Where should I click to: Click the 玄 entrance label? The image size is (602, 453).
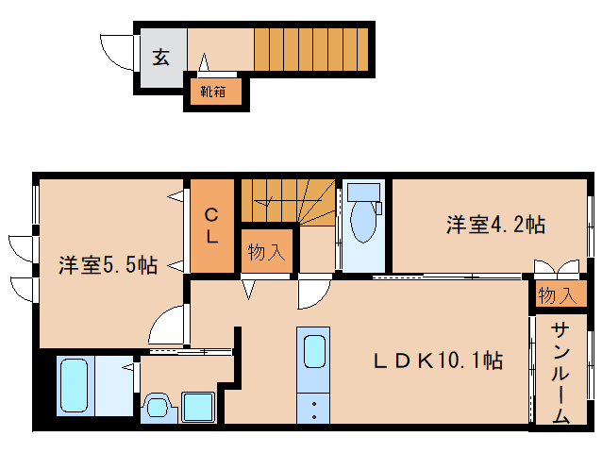(x=161, y=57)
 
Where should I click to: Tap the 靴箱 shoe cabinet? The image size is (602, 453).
(x=213, y=92)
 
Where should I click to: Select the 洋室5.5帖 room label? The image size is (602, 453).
(x=107, y=264)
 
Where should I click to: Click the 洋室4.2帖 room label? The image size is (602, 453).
(x=495, y=225)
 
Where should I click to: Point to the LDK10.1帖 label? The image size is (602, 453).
(x=435, y=360)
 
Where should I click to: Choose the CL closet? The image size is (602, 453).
(x=213, y=225)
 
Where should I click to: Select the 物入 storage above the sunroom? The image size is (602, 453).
(x=556, y=294)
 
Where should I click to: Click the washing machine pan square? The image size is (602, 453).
(x=200, y=408)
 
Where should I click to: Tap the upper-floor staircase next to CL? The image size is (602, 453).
(x=283, y=200)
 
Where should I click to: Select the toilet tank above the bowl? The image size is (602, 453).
(x=362, y=193)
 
